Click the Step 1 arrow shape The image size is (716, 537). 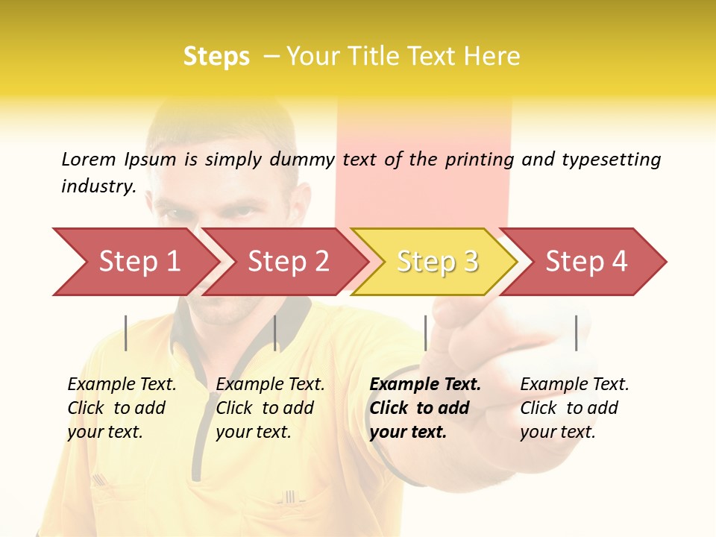point(138,262)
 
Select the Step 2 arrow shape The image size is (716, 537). point(287,262)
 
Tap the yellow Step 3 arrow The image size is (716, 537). point(436,262)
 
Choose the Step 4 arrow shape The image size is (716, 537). point(585,262)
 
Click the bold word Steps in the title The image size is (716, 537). point(216,56)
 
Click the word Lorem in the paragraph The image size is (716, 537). point(89,159)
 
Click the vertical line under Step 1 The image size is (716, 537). point(126,333)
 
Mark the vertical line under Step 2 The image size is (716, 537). point(275,333)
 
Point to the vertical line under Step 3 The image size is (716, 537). point(426,333)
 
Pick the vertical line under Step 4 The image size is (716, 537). point(577,333)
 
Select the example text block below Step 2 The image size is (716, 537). point(270,408)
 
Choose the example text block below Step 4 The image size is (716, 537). point(574,408)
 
